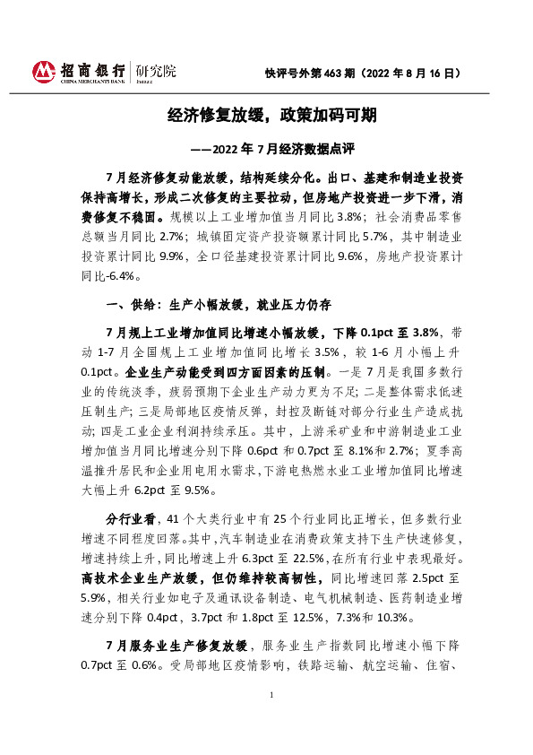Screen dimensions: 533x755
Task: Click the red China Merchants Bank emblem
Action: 43,71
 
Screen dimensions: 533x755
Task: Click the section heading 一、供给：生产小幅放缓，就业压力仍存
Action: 219,304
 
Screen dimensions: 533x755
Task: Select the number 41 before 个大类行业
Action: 176,518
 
